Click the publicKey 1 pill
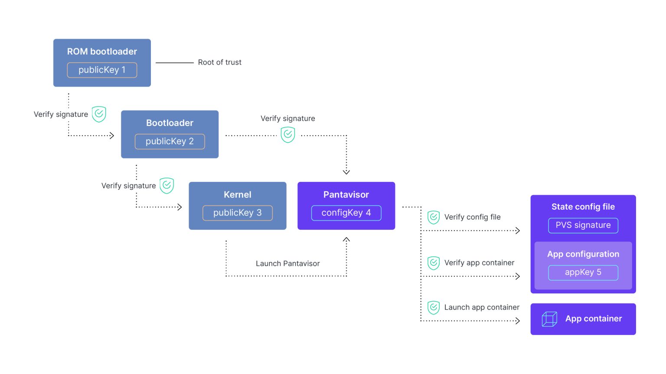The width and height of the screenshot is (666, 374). (102, 70)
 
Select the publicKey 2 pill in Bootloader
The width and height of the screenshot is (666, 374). (170, 141)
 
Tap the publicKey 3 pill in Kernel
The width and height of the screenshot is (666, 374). (238, 213)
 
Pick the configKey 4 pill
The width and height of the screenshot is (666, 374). (346, 213)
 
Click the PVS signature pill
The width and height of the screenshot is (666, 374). (583, 225)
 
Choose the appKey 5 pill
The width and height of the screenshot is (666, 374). (583, 272)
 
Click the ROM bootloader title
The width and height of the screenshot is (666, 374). (102, 52)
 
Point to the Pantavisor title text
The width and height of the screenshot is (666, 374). (346, 194)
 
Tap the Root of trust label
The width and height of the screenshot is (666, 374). (220, 62)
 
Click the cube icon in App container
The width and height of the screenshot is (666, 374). (549, 319)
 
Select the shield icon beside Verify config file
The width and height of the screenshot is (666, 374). (434, 217)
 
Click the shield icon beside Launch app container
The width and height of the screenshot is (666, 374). (434, 307)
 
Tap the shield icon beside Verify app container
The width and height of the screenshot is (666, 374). (434, 263)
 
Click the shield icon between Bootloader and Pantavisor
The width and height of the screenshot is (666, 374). (288, 135)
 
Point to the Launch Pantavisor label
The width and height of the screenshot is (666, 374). (288, 264)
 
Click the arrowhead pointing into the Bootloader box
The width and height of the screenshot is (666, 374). (112, 135)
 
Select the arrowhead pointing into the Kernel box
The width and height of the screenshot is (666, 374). (180, 207)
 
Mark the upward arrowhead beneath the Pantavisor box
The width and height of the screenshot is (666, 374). (346, 239)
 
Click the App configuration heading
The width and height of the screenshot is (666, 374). (583, 254)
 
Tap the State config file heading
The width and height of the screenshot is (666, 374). (583, 206)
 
